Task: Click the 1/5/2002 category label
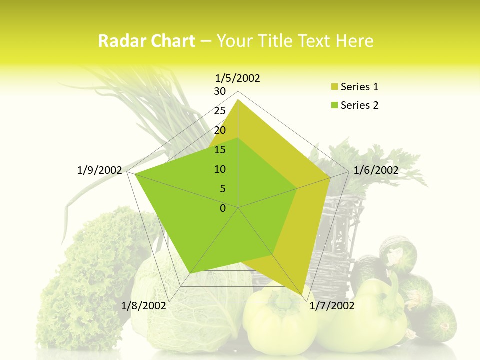[x=237, y=78]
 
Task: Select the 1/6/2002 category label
[x=376, y=170]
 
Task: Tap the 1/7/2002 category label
[x=332, y=305]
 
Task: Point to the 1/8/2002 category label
[x=143, y=305]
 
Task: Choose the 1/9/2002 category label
[x=100, y=170]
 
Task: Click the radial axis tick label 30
[x=220, y=91]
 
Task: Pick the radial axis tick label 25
[x=220, y=111]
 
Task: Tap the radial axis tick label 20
[x=220, y=130]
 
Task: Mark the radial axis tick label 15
[x=220, y=150]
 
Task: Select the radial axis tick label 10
[x=220, y=169]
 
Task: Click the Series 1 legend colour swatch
[x=334, y=87]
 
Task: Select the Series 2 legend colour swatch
[x=334, y=105]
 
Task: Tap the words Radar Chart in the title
[x=146, y=41]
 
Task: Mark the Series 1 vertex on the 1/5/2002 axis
[x=238, y=100]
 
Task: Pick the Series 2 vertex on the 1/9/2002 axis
[x=136, y=174]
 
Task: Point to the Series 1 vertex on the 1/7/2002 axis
[x=303, y=295]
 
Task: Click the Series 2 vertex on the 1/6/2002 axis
[x=297, y=189]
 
